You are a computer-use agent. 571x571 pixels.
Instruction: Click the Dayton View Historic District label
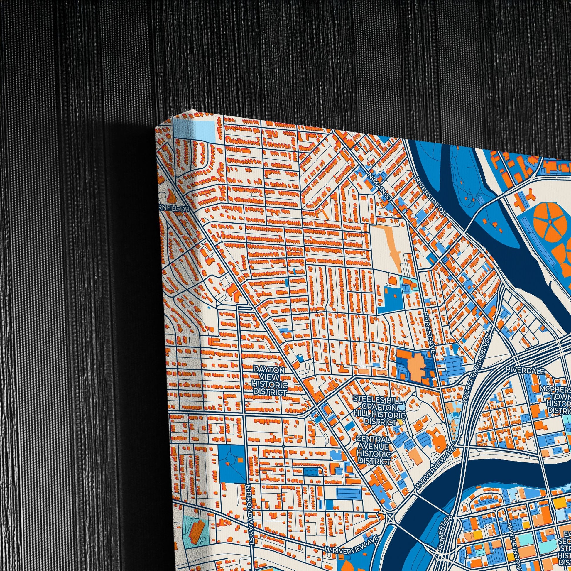tap(269, 381)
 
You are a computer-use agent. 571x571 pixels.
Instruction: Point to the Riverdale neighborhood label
tap(525, 370)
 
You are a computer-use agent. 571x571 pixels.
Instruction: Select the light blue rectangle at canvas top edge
tap(194, 129)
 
